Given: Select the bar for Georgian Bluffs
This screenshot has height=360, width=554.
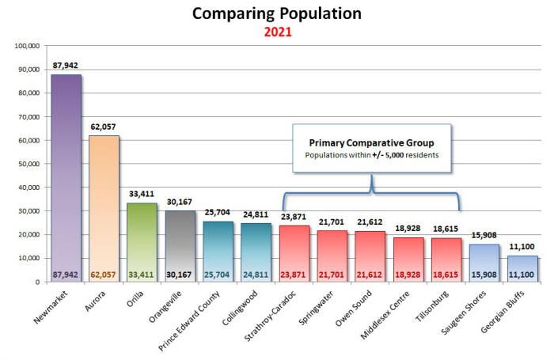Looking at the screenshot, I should point(522,268).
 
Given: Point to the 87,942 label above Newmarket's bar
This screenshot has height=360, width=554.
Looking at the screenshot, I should point(65,66).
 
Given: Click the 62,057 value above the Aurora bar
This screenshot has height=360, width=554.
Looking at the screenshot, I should point(104,127).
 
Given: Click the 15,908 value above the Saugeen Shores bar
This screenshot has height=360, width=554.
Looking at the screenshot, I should point(484,235).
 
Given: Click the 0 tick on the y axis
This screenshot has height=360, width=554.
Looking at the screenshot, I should point(37,282).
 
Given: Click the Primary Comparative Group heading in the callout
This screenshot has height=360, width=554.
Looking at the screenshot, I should point(371,142).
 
